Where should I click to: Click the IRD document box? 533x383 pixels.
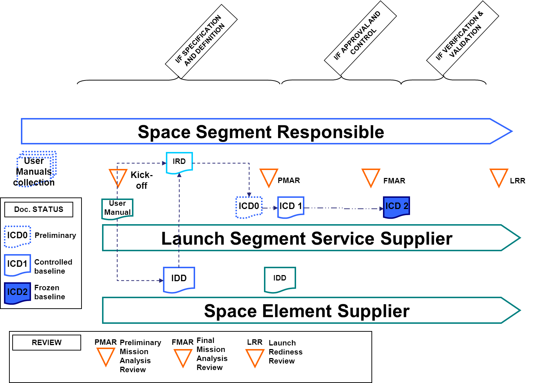tap(179, 162)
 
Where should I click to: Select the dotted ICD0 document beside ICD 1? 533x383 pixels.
tap(249, 207)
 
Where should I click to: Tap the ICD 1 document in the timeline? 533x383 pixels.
tap(291, 207)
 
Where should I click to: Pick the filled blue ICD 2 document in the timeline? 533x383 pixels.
tap(396, 207)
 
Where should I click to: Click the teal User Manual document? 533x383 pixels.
tap(118, 208)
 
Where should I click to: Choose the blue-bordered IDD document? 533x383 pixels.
tap(179, 279)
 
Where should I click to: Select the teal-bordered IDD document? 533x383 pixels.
tap(280, 279)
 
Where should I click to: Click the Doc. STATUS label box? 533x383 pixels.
tap(39, 209)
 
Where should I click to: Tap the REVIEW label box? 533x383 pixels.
tap(47, 343)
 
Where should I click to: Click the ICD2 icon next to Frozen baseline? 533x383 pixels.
tap(17, 293)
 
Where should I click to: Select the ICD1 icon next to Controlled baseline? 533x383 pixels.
tap(17, 265)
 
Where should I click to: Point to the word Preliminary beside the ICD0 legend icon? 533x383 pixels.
tap(55, 235)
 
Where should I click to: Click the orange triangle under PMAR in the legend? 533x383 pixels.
tap(106, 357)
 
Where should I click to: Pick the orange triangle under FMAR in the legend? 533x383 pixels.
tap(183, 357)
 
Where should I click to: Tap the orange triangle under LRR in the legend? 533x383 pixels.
tap(255, 357)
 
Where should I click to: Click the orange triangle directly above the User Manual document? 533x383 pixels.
tap(118, 177)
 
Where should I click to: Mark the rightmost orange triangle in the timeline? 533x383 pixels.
tap(499, 177)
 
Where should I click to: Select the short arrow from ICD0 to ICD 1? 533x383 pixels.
tap(270, 208)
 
